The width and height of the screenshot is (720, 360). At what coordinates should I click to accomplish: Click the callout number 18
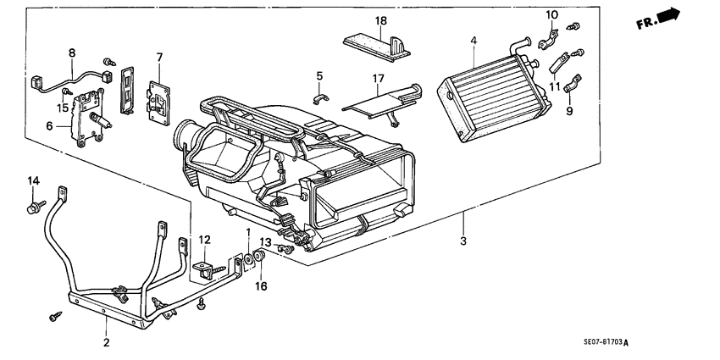point(381,19)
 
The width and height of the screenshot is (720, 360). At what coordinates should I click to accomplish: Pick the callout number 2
point(106,343)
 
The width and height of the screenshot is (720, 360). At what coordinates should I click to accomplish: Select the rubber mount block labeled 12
point(204,272)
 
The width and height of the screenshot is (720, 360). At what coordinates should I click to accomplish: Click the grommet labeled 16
point(259,258)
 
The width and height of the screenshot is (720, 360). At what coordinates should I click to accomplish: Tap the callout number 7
point(158,57)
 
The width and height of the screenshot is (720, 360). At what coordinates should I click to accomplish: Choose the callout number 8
point(72,52)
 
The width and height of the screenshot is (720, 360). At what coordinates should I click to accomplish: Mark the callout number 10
point(552,14)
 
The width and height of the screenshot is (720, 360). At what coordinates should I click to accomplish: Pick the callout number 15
point(62,107)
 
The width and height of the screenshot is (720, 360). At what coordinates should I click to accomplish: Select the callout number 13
point(265,243)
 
